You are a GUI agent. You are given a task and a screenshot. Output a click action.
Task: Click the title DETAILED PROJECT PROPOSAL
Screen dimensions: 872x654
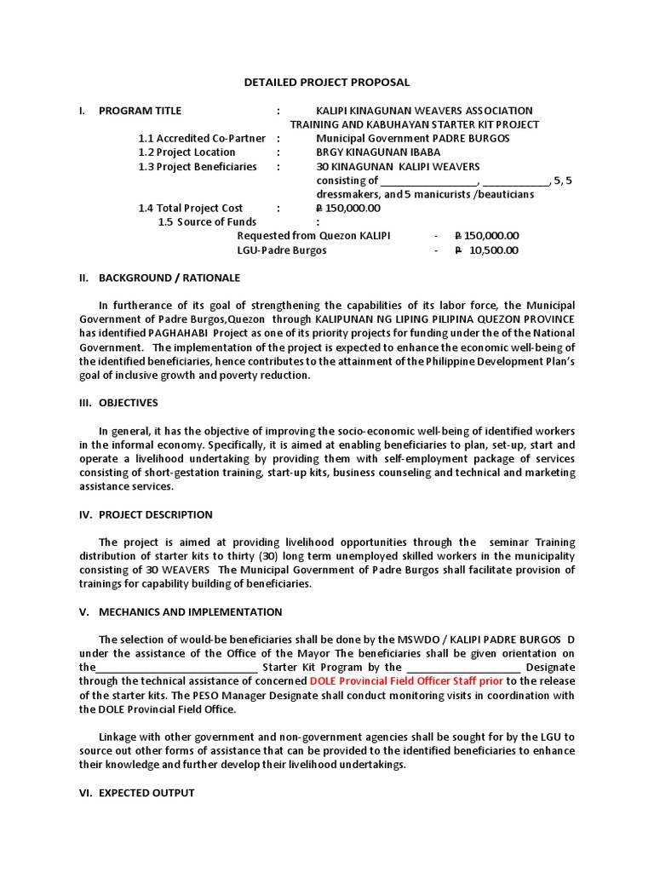[x=327, y=83]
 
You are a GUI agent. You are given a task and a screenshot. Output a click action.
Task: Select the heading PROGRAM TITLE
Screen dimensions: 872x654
[x=140, y=111]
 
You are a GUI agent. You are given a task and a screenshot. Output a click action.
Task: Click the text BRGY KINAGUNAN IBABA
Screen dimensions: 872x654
[x=378, y=152]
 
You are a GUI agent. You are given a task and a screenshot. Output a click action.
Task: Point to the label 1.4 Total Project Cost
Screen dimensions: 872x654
[x=190, y=209]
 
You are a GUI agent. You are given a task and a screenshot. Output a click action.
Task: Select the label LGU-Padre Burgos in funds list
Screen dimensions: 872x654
[x=282, y=250]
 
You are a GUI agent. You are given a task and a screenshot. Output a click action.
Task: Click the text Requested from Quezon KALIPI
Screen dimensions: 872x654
[x=313, y=236]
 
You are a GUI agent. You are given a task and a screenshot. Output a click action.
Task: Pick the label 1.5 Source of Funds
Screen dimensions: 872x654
[x=207, y=222]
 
